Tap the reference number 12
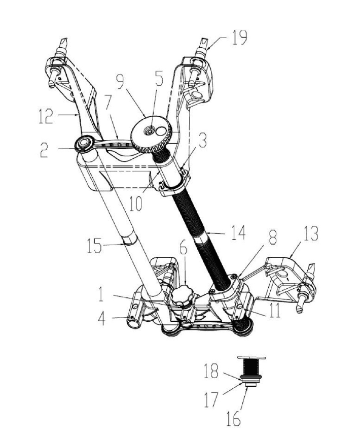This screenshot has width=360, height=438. tap(46, 116)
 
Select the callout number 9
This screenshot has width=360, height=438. tap(121, 81)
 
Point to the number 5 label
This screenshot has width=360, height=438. tap(159, 79)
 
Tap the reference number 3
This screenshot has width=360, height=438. tap(202, 141)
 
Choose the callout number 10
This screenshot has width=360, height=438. tap(135, 204)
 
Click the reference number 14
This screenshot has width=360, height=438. tap(239, 232)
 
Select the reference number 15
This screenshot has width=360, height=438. tap(94, 246)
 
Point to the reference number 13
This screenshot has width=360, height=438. tap(311, 233)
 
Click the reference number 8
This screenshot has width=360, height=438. tap(272, 238)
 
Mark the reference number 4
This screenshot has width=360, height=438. tap(102, 319)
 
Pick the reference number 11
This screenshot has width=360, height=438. tap(275, 311)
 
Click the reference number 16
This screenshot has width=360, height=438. tap(233, 419)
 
